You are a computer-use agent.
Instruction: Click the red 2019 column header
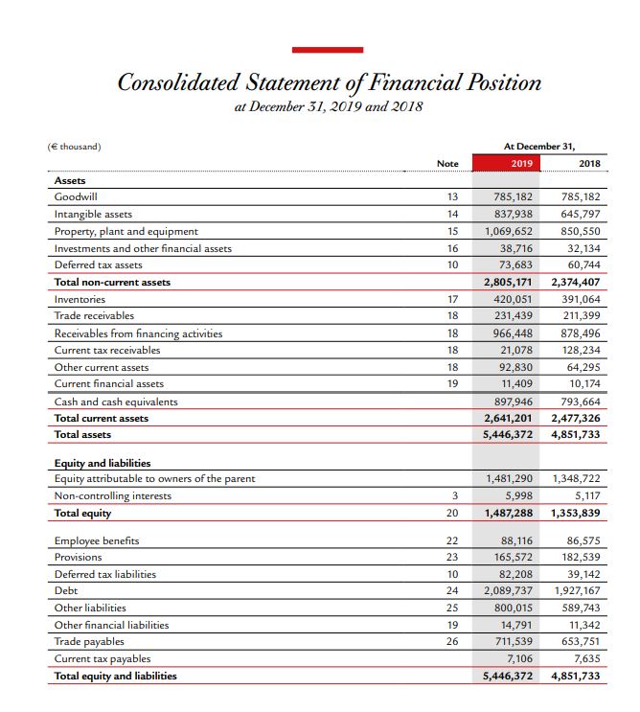click(520, 164)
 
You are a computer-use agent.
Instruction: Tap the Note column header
click(447, 164)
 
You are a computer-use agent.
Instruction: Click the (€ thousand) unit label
click(75, 147)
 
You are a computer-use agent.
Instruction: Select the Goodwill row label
click(75, 196)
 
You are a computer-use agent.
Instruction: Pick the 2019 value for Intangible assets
click(513, 214)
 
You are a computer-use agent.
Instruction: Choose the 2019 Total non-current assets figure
click(510, 283)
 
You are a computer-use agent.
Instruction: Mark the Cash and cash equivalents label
click(116, 402)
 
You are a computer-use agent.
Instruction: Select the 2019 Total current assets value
click(510, 419)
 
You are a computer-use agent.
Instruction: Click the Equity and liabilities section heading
click(102, 463)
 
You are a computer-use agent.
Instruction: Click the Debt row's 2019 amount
click(510, 591)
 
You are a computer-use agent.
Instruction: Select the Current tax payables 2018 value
click(585, 658)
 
